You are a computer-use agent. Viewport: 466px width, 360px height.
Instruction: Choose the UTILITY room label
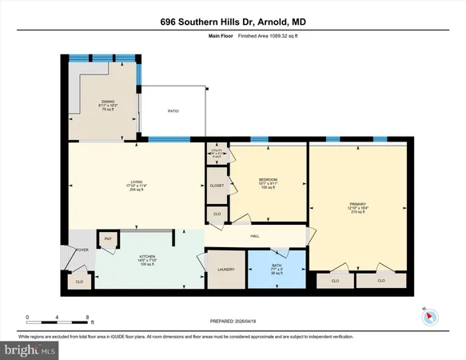tap(217, 150)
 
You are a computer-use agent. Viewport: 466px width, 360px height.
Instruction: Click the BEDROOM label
tap(268, 178)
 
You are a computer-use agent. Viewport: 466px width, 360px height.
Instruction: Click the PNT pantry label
tap(107, 239)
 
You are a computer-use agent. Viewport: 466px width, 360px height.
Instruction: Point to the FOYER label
tap(81, 249)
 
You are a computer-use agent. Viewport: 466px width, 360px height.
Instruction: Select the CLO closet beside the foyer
tap(79, 282)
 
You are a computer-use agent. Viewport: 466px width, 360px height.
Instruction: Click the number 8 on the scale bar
tap(86, 317)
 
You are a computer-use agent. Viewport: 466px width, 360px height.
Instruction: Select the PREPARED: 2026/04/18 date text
tap(233, 322)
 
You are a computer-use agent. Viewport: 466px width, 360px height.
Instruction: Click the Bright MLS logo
tap(30, 350)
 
